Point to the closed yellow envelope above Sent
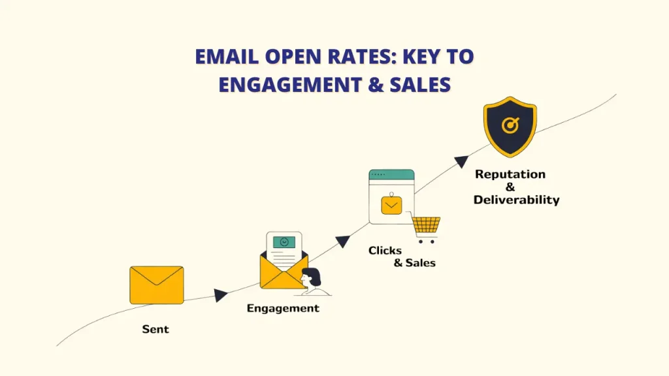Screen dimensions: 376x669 (157, 285)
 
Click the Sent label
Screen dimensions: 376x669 (155, 329)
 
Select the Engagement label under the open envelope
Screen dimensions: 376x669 (283, 308)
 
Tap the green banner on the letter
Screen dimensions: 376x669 (284, 242)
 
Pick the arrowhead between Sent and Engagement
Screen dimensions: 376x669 (221, 295)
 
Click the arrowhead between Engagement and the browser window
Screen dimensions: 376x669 (343, 241)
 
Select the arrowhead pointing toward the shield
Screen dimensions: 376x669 (461, 162)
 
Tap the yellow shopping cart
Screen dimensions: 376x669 (426, 227)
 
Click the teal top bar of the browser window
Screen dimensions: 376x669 (391, 174)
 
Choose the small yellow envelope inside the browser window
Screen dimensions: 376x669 (391, 206)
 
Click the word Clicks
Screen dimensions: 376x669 (385, 251)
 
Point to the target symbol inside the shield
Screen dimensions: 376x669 (510, 124)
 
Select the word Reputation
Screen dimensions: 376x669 (510, 174)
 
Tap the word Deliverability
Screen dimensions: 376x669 (516, 200)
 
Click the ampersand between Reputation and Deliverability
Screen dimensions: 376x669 (510, 187)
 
